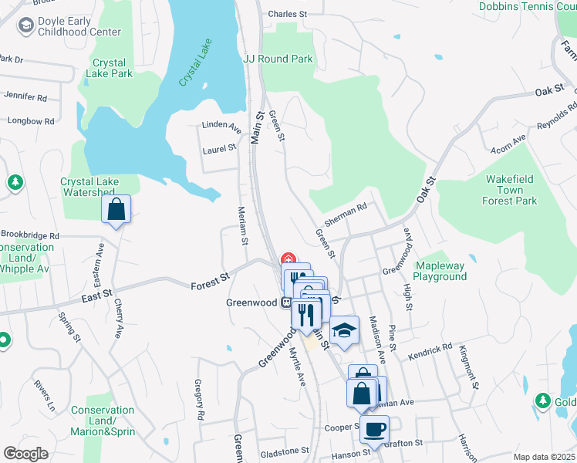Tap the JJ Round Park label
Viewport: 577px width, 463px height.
278,59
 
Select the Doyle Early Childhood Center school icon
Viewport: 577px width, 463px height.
25,27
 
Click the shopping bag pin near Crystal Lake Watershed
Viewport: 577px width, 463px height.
116,209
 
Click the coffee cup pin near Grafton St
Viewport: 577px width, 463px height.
375,429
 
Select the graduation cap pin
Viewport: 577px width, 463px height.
345,330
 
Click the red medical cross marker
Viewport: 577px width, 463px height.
289,259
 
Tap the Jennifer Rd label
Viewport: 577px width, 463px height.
25,97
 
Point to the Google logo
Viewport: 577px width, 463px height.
25,454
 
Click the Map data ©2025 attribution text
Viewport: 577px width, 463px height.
543,457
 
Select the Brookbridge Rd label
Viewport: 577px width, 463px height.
29,235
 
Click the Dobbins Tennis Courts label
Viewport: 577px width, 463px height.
528,6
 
